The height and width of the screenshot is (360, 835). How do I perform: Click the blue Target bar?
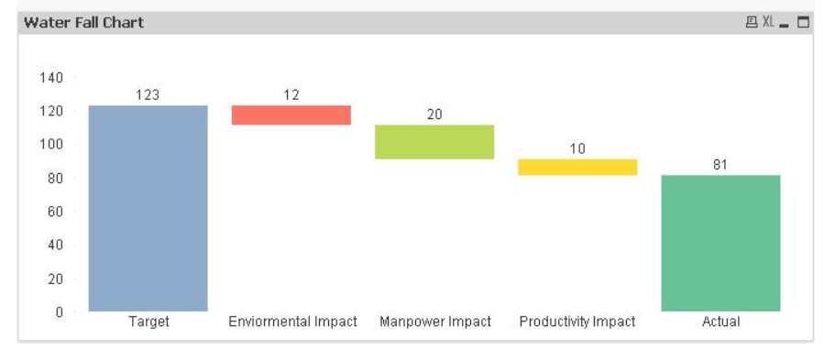coord(148,208)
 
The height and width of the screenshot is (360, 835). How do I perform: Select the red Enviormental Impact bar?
coord(291,115)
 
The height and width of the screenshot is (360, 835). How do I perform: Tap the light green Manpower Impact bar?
coord(434,142)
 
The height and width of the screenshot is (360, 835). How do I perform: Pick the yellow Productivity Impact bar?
coord(577,168)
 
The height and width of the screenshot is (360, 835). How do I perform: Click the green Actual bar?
coord(721,244)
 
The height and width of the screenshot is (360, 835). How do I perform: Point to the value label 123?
coord(148,95)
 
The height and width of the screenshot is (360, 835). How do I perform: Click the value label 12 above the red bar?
coord(291,95)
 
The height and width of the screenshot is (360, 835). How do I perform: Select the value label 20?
coord(434,115)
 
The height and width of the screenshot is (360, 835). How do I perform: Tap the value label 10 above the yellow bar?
coord(577,148)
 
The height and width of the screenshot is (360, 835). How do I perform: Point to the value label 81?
coord(720,165)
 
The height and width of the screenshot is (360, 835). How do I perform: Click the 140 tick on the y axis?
coord(51,78)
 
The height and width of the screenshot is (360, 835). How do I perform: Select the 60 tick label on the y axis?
coord(55,212)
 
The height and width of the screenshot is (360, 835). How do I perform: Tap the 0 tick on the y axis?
coord(59,312)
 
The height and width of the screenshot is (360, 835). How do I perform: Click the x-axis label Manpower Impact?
coord(435,322)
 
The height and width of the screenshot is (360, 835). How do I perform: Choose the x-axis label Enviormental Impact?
coord(292,322)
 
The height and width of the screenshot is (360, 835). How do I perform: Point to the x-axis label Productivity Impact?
coord(577,322)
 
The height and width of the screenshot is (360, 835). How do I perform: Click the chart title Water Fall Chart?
coord(83,22)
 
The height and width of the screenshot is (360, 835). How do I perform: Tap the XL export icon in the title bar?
coord(768,22)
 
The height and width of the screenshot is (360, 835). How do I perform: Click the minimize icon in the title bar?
coord(784,25)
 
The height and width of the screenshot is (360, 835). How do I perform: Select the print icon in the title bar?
coord(752,22)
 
